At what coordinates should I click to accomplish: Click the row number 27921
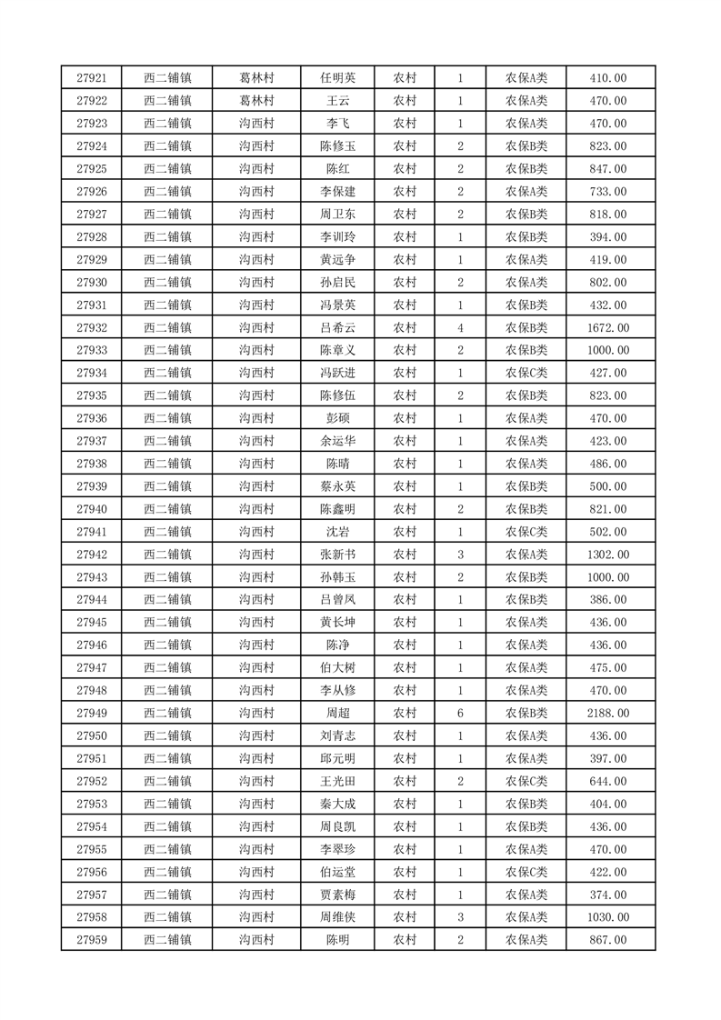point(93,78)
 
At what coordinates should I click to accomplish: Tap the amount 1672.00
point(607,328)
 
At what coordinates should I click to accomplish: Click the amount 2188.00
point(607,714)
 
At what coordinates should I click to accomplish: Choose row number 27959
point(93,940)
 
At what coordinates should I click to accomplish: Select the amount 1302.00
point(607,555)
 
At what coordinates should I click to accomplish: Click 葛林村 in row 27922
point(256,101)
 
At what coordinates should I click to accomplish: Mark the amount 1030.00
point(607,917)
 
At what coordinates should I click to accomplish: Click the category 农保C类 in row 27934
point(526,374)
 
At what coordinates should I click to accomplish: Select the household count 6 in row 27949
point(461,714)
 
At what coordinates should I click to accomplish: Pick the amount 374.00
point(607,895)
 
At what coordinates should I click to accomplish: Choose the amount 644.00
point(607,781)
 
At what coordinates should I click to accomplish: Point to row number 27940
point(93,509)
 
